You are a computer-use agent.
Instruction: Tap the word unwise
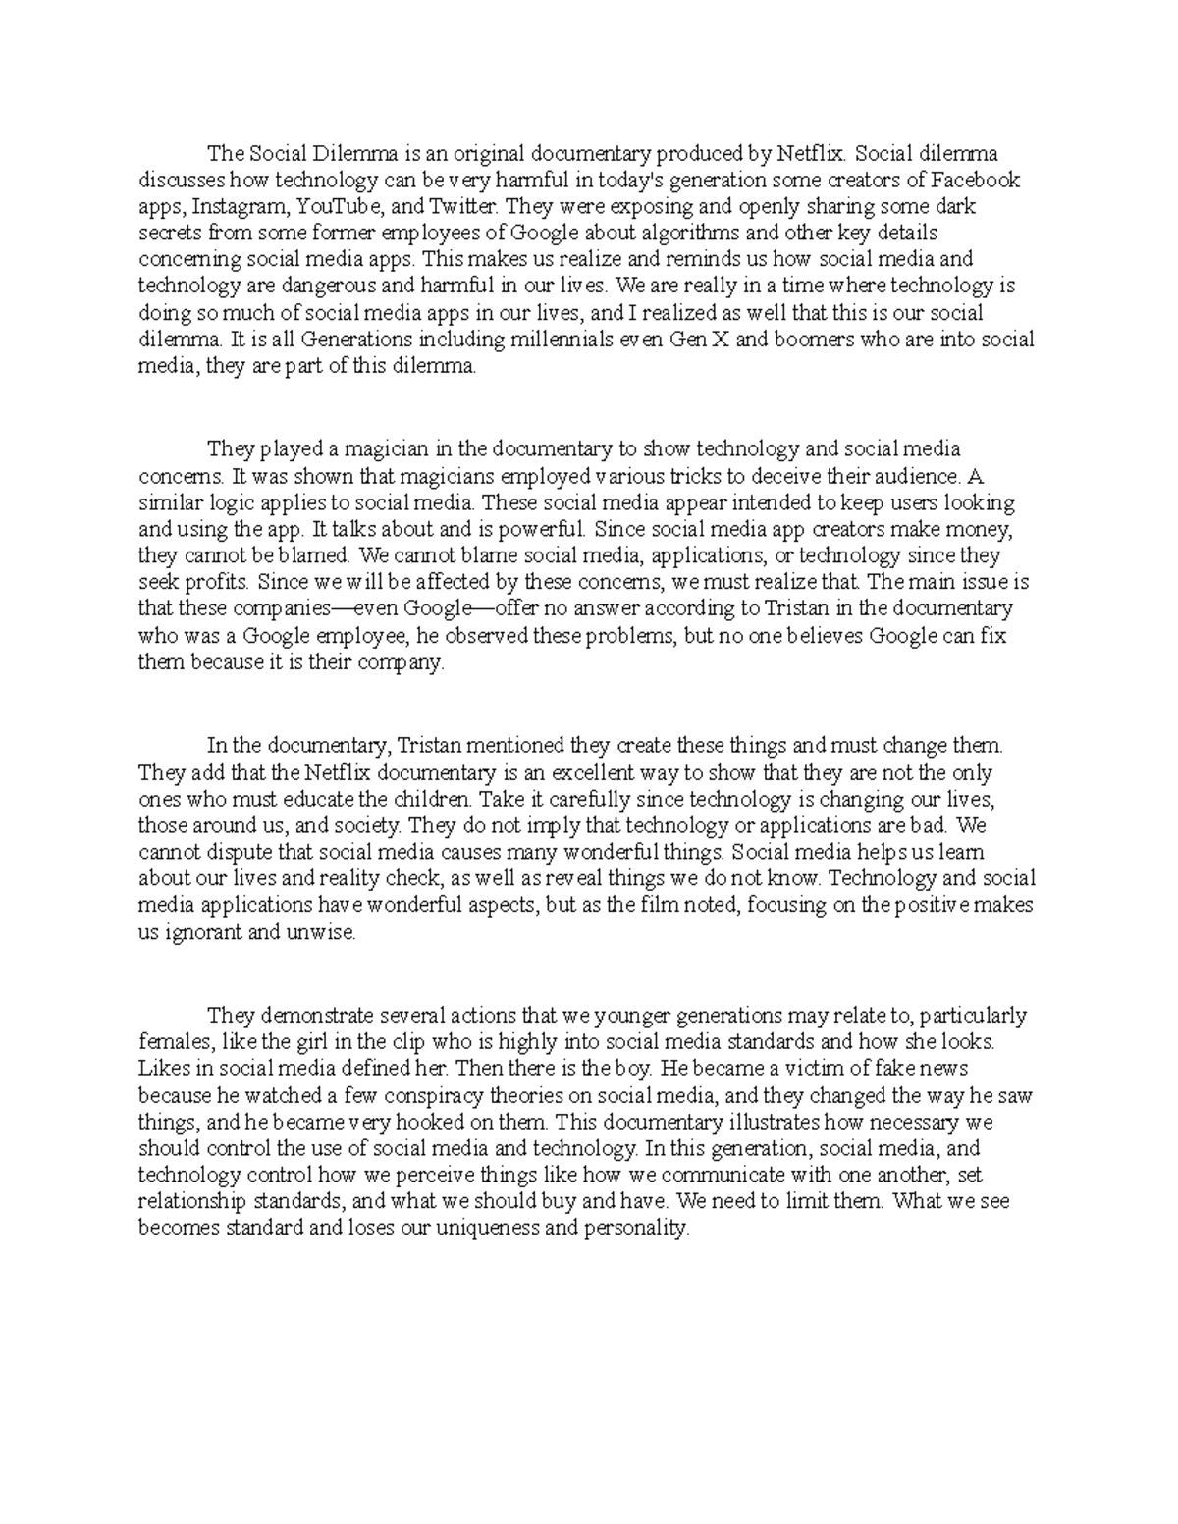coord(323,933)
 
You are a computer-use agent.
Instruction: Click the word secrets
coord(170,234)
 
